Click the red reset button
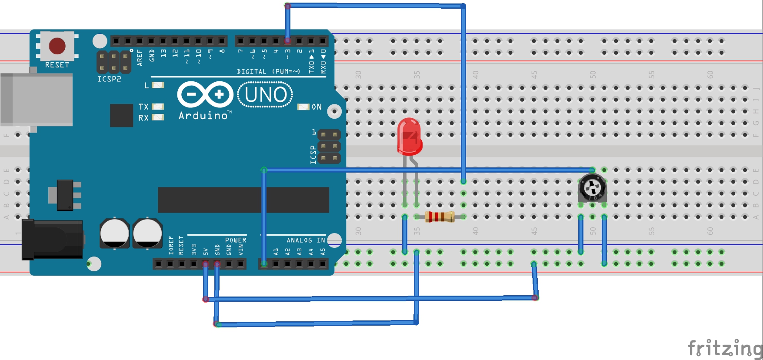[x=57, y=46]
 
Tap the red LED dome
[x=409, y=136]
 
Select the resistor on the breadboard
[x=439, y=217]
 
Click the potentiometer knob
[x=592, y=188]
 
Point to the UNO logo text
[x=265, y=95]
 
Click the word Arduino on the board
[x=203, y=116]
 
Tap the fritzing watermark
[x=724, y=349]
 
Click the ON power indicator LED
[x=303, y=107]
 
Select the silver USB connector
[x=37, y=100]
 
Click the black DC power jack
[x=52, y=239]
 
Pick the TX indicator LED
[x=158, y=107]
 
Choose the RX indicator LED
[x=158, y=117]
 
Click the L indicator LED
[x=158, y=85]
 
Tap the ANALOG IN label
[x=306, y=240]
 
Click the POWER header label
[x=235, y=240]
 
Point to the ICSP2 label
[x=109, y=79]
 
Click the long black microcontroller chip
[x=243, y=200]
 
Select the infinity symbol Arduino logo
[x=205, y=94]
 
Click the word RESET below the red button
[x=57, y=65]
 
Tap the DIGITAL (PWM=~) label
[x=268, y=71]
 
